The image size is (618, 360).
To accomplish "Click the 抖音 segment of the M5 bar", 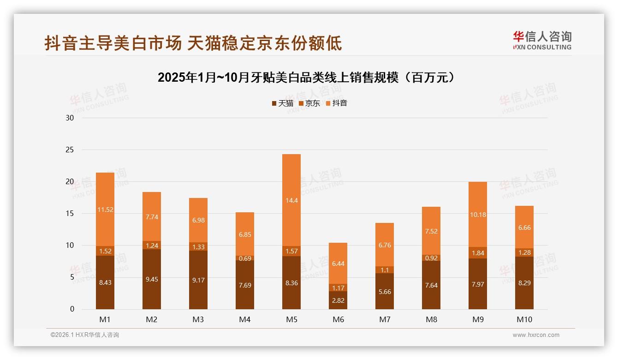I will pyautogui.click(x=291, y=200).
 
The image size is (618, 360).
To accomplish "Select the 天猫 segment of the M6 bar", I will pyautogui.click(x=338, y=300).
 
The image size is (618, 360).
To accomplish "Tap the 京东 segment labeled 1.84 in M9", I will pyautogui.click(x=478, y=253).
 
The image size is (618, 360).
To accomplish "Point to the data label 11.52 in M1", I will pyautogui.click(x=105, y=210).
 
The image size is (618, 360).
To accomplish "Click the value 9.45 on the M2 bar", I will pyautogui.click(x=152, y=279).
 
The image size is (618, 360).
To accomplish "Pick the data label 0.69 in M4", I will pyautogui.click(x=245, y=258).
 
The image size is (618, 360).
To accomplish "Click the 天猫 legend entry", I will pyautogui.click(x=282, y=103).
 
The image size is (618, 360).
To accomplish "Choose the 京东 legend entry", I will pyautogui.click(x=309, y=103).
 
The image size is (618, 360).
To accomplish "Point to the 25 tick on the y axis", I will pyautogui.click(x=70, y=150).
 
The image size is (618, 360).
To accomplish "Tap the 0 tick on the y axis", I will pyautogui.click(x=72, y=309).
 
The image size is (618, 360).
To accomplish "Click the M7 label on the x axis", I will pyautogui.click(x=385, y=319).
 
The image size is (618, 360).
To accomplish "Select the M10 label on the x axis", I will pyautogui.click(x=524, y=319).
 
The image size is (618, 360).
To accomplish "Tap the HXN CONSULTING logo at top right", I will pyautogui.click(x=542, y=41).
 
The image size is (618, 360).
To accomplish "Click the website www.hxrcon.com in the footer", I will pyautogui.click(x=536, y=335).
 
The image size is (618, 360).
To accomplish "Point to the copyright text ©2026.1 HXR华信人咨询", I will pyautogui.click(x=85, y=335).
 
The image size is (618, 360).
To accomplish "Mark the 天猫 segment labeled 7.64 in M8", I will pyautogui.click(x=431, y=285).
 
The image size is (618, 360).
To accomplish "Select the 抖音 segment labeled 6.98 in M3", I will pyautogui.click(x=198, y=220).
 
